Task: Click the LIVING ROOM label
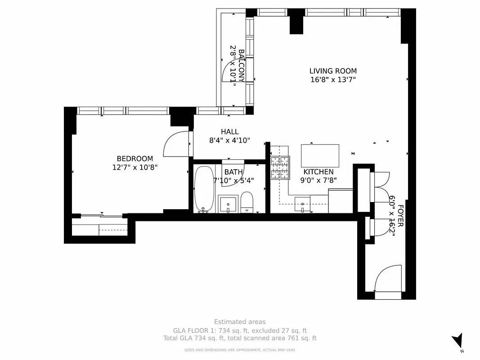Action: pyautogui.click(x=333, y=71)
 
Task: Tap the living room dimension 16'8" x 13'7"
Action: pyautogui.click(x=333, y=80)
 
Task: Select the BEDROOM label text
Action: pyautogui.click(x=135, y=158)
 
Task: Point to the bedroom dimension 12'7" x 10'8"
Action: pyautogui.click(x=135, y=167)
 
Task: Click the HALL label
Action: pyautogui.click(x=229, y=132)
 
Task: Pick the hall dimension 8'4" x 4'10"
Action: pyautogui.click(x=229, y=140)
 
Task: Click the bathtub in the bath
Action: pyautogui.click(x=205, y=189)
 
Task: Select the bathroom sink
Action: pyautogui.click(x=228, y=203)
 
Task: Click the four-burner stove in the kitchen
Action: pyautogui.click(x=280, y=167)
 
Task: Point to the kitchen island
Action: pyautogui.click(x=320, y=156)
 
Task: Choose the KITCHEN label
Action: pyautogui.click(x=319, y=172)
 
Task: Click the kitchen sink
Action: pyautogui.click(x=303, y=204)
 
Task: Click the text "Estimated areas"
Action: pyautogui.click(x=240, y=322)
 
